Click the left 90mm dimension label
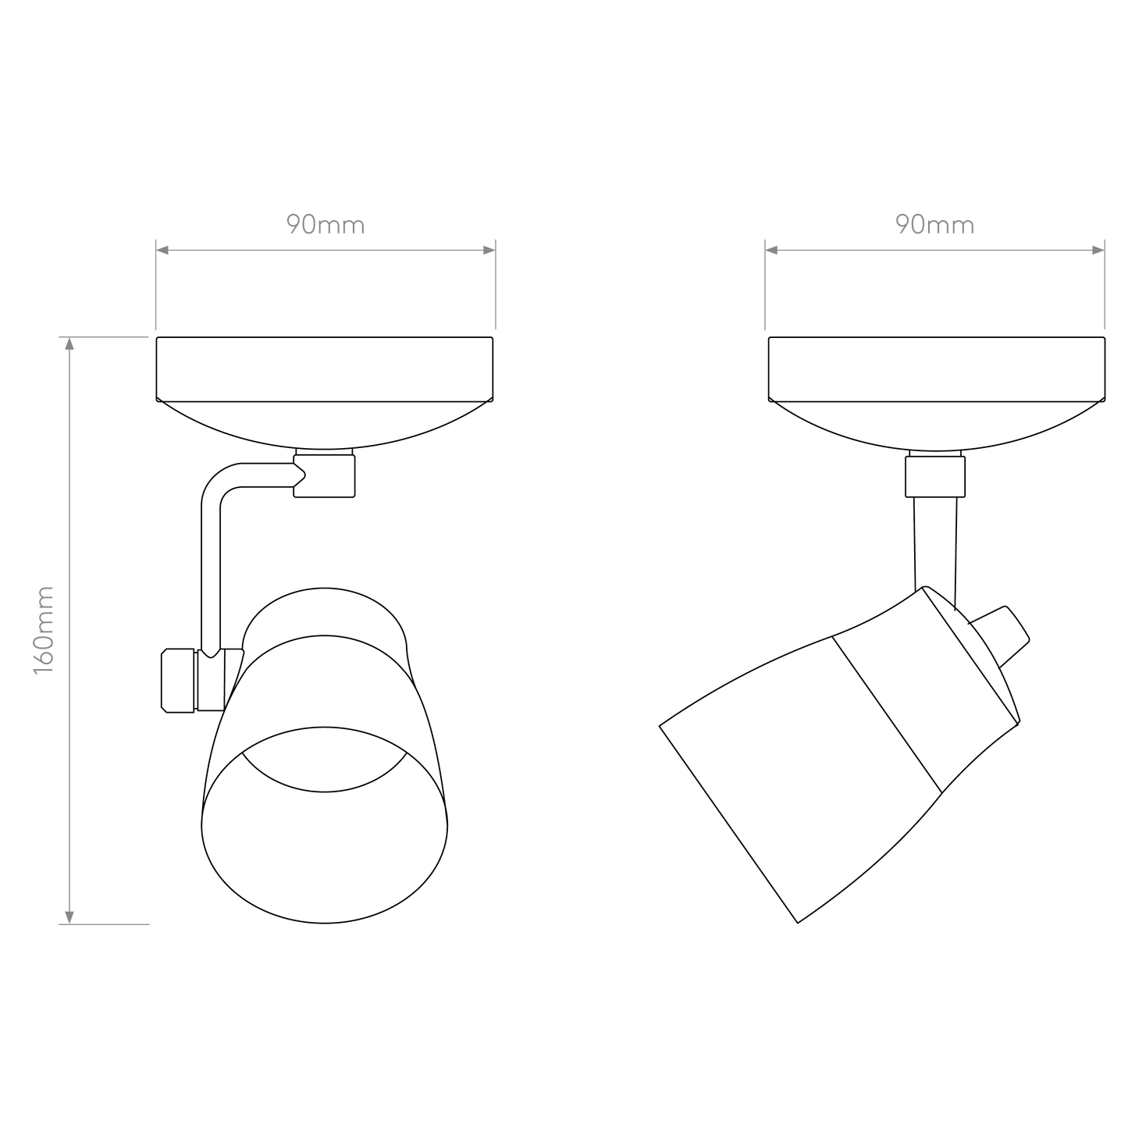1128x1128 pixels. point(325,226)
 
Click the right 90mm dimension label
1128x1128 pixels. point(934,226)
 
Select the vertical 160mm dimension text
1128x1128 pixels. point(44,630)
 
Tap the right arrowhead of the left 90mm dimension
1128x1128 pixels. point(489,250)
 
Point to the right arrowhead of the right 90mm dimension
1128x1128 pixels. point(1098,250)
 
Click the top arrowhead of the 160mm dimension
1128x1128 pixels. point(69,344)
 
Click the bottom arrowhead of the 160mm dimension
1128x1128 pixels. point(69,917)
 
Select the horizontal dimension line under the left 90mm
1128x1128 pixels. point(326,250)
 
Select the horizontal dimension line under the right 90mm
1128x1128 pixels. point(934,250)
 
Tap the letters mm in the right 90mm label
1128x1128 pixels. point(952,226)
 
